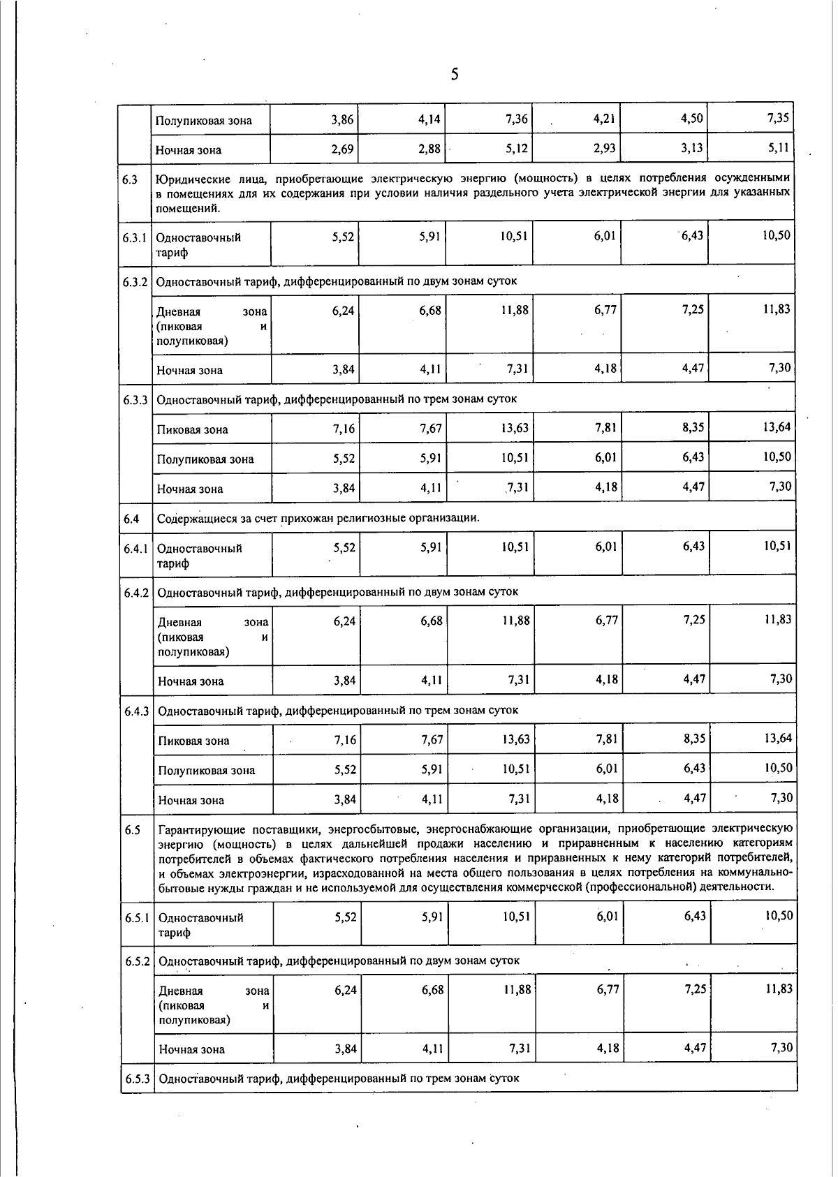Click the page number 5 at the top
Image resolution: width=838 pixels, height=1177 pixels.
(x=455, y=75)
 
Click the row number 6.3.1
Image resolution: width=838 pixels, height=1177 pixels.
(x=134, y=237)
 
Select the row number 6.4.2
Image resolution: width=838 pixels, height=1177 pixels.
(x=136, y=593)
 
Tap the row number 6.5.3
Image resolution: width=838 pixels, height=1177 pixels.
(x=138, y=1079)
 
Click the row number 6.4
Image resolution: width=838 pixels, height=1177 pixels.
(x=132, y=519)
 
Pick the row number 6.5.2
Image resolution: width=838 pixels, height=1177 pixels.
(x=138, y=961)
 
